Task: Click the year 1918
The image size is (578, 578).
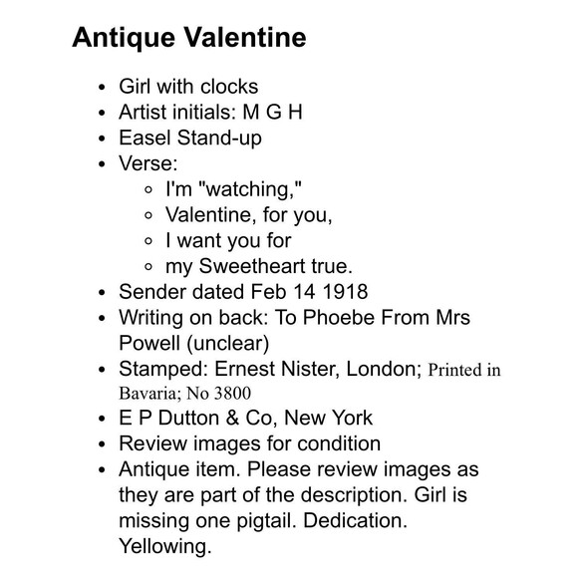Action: (344, 293)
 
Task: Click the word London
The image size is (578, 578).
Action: (382, 370)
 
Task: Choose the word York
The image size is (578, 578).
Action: (352, 418)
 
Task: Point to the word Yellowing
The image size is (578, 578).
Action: (164, 547)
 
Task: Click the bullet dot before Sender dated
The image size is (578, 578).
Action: (104, 293)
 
